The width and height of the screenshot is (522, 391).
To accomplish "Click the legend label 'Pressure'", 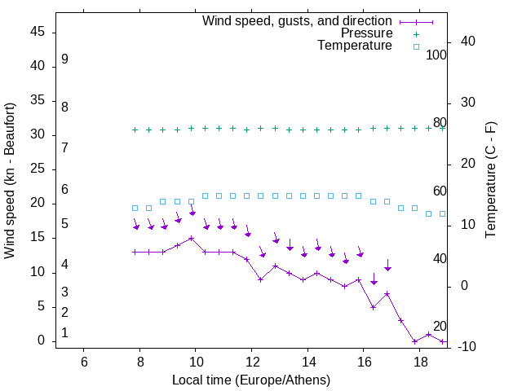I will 366,33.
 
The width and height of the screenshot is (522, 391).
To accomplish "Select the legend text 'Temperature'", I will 355,46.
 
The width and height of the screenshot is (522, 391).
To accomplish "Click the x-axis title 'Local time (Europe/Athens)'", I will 251,380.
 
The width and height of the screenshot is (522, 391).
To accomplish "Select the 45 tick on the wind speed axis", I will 38,33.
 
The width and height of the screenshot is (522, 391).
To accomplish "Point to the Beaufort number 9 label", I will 64,59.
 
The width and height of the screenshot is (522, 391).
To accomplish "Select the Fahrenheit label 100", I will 437,55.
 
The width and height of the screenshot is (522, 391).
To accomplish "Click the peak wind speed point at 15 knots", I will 191,239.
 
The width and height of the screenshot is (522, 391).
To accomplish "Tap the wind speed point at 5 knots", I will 373,307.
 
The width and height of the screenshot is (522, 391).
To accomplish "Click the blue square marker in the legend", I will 415,46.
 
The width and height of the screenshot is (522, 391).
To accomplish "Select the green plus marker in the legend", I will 415,33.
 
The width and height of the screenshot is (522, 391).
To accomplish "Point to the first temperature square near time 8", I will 135,208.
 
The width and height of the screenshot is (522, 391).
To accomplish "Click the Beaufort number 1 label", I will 64,333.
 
